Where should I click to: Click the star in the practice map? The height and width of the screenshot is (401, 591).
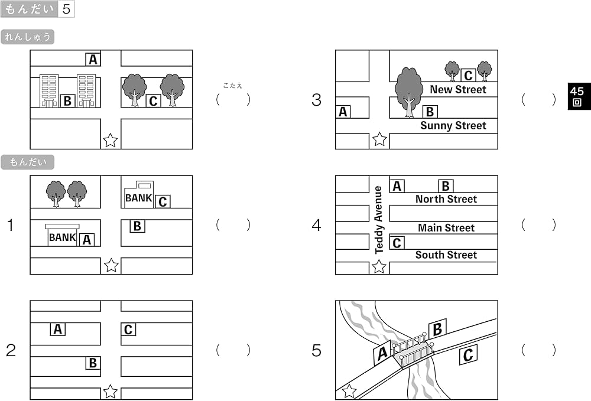point(111,141)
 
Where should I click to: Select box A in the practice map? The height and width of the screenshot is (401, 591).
point(93,59)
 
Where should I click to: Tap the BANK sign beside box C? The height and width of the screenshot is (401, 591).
point(139,198)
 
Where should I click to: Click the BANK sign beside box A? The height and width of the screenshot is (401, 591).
point(63,237)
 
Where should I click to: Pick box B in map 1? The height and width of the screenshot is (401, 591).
point(137,226)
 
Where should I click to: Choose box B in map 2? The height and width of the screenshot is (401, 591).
point(93,363)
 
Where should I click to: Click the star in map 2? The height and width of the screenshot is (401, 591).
point(111,391)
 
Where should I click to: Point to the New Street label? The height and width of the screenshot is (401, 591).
point(457,90)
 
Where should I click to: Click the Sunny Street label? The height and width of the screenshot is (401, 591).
point(453,126)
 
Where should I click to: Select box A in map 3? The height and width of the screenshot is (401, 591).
point(343,112)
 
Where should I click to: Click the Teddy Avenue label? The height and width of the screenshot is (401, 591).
point(379,220)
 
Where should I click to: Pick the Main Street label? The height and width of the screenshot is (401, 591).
point(446,228)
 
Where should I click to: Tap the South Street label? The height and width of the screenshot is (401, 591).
point(446,255)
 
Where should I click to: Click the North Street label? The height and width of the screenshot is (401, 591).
point(446,200)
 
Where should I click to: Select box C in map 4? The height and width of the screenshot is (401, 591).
point(397,243)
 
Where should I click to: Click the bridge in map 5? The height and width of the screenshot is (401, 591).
point(416,351)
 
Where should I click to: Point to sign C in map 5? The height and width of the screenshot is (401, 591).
point(468,354)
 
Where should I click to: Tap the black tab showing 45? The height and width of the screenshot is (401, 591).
point(577,96)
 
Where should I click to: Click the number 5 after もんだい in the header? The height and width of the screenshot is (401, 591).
point(66,9)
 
